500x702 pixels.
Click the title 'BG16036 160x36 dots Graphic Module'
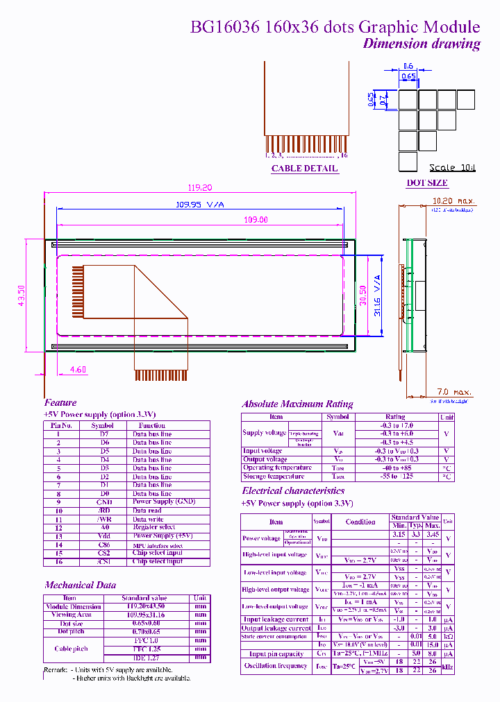tap(335, 27)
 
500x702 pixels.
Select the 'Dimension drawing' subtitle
tap(422, 44)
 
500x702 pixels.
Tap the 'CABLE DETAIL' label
tap(304, 169)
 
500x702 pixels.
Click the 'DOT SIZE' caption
tap(426, 183)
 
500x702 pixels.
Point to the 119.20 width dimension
tap(200, 187)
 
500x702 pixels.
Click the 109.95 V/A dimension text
tap(199, 204)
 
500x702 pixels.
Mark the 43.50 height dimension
tap(21, 296)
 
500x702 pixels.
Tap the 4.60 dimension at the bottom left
tap(78, 370)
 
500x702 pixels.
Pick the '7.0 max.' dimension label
tap(454, 393)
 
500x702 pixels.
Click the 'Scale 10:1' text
tap(452, 167)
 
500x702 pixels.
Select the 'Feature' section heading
tap(60, 402)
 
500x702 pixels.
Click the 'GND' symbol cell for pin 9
tap(104, 502)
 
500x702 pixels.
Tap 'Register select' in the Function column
tap(153, 527)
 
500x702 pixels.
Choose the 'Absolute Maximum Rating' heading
tap(297, 404)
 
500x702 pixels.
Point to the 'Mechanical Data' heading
tap(80, 585)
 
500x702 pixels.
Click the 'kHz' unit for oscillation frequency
tap(448, 666)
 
